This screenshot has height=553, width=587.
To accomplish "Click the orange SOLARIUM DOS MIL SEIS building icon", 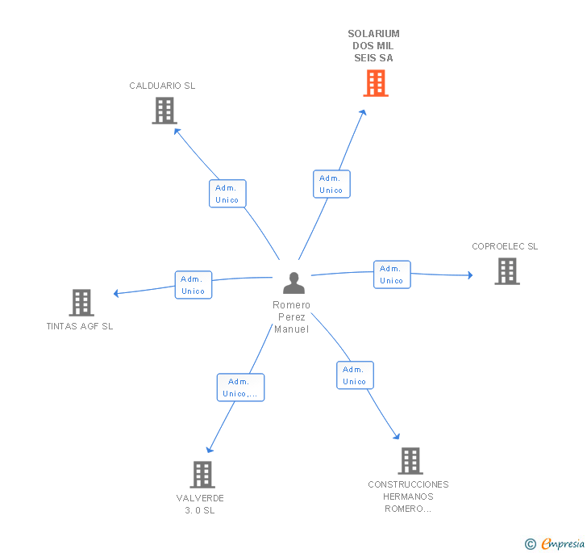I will pos(375,83).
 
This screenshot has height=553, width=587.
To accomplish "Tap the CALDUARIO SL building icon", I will pos(164,111).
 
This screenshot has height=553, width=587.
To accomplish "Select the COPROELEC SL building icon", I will pos(506,271).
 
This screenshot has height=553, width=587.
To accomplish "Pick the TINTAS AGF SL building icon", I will pos(81,303).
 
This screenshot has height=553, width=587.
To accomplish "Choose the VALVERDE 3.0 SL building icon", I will pos(202,475).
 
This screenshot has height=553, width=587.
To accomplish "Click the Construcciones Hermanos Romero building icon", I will pos(410,461).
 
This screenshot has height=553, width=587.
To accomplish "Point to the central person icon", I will pos(293,283).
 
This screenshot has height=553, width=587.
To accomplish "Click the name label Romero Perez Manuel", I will pos(291,316).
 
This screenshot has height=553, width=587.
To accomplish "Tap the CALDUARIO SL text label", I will pos(162,86).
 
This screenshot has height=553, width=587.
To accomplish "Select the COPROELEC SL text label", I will pos(505,246).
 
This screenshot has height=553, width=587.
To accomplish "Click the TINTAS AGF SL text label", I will pos(80,326).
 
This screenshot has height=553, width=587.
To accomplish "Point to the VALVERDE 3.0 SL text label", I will pos(200,504).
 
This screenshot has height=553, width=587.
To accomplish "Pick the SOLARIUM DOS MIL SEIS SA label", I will pos(373,46).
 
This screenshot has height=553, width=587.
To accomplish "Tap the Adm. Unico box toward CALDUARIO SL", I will pos(227,194).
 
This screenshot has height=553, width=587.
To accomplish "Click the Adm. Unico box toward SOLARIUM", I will pos(331,184).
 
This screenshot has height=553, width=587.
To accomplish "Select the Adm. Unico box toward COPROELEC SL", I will pos(392,274).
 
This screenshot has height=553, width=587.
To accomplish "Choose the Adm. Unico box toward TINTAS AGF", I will pos(194,285).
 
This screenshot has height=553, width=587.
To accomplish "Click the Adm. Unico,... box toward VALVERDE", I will pos(240,388).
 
